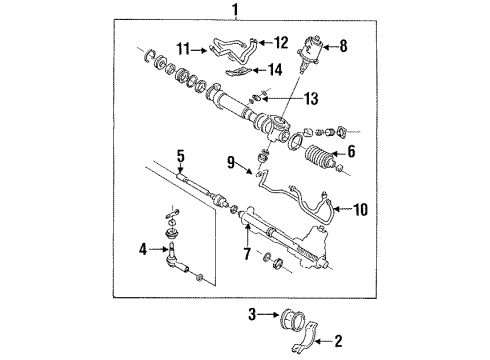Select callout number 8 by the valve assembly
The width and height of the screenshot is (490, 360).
tap(346, 44)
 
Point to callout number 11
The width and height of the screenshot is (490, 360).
tap(182, 46)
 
